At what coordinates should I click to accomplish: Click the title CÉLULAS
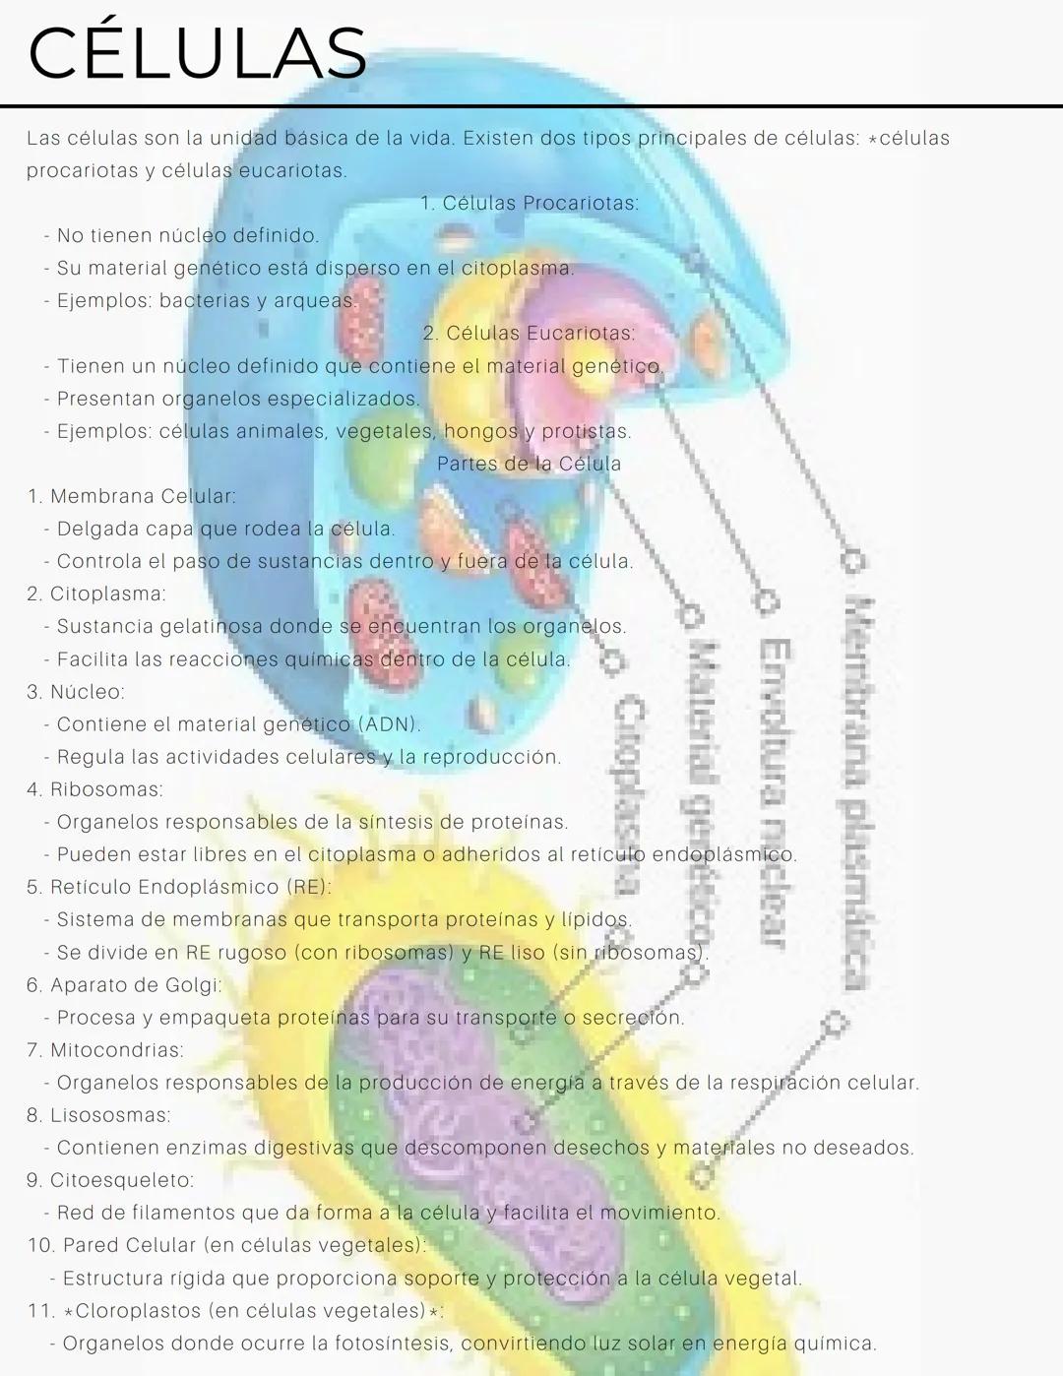[x=197, y=53]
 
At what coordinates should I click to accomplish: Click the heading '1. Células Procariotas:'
[x=530, y=204]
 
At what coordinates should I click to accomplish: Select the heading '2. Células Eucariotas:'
[x=530, y=334]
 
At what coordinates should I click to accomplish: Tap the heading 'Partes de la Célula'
[x=530, y=464]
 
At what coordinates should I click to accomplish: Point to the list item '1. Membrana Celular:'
[x=132, y=496]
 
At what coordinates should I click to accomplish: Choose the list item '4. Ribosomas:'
[x=94, y=789]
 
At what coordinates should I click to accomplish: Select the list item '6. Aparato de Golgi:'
[x=124, y=985]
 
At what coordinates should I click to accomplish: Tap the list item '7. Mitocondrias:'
[x=105, y=1050]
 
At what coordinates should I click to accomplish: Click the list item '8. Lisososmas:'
[x=98, y=1115]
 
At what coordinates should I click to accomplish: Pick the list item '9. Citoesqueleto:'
[x=110, y=1180]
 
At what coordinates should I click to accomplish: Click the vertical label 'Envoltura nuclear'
[x=775, y=792]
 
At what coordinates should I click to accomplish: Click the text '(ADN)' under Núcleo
[x=389, y=724]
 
